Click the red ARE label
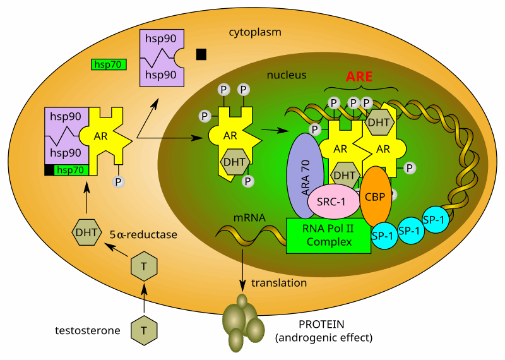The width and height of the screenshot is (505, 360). tap(359, 77)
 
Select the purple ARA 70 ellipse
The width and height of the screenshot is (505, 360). tap(305, 175)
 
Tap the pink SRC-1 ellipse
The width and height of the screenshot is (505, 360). tap(331, 202)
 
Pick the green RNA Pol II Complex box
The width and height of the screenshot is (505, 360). tap(328, 236)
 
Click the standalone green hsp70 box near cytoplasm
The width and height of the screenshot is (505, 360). tap(109, 64)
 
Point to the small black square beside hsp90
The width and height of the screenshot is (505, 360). tap(201, 54)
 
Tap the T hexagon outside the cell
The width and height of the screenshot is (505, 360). tap(144, 330)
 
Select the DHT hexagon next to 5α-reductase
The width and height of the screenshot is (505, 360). tap(86, 232)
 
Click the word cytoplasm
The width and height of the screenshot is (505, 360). tap(255, 32)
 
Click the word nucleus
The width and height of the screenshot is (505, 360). tap(286, 75)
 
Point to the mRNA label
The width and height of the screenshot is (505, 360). tap(249, 218)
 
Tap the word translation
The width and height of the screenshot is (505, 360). tap(279, 283)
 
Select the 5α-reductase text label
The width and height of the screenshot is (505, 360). tap(143, 235)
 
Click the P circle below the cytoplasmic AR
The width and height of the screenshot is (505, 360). tap(118, 182)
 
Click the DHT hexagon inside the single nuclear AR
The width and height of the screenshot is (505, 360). tap(235, 162)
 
